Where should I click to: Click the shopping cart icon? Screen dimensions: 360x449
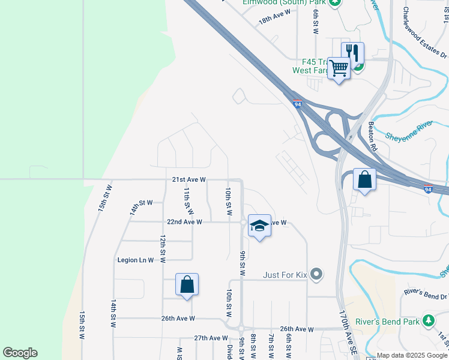point(339,68)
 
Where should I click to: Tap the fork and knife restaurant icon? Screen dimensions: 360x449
point(352,53)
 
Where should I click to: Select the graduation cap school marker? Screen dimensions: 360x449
point(259,226)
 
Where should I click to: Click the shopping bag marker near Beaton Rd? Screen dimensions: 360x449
point(364,179)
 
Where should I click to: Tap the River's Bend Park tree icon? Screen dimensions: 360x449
point(428,320)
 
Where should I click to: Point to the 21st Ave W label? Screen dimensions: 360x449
point(189,179)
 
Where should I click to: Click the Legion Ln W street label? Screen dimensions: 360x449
point(136,260)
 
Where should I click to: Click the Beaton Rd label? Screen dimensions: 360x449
point(373,136)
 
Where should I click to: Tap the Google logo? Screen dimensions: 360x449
point(20,353)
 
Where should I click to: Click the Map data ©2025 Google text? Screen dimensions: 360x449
point(411,355)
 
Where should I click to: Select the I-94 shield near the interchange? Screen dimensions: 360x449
point(298,104)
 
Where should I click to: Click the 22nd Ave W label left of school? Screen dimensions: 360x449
point(184,221)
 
